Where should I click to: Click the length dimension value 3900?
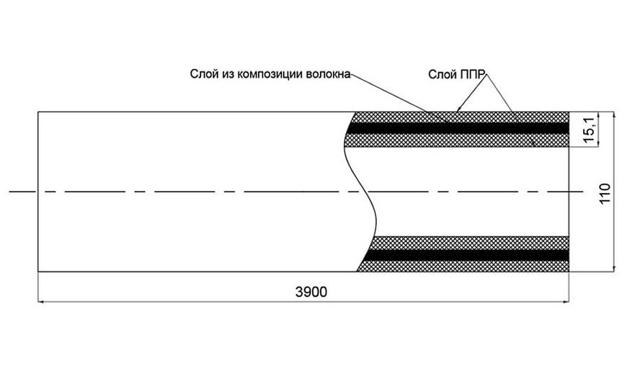point(311,292)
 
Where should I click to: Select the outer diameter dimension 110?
point(605,193)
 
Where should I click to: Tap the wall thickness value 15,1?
point(590,128)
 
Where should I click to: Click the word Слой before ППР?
point(441,74)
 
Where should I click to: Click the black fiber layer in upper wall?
point(458,128)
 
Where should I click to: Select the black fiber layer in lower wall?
point(468,254)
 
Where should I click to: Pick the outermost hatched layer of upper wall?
point(460,117)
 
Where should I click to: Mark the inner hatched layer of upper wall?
point(457,140)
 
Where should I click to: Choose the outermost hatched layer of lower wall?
point(463,266)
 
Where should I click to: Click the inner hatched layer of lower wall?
point(470,243)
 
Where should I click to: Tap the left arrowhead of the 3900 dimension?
point(41,302)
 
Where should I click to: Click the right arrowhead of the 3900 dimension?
point(566,302)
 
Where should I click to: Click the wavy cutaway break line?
point(361,192)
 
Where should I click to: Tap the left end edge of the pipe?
point(38,192)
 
